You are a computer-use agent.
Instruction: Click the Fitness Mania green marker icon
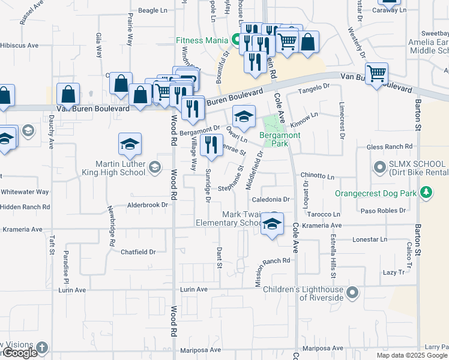click(x=236, y=41)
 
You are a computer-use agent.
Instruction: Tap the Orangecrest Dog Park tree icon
click(x=426, y=193)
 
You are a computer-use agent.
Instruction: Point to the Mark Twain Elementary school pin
click(x=273, y=224)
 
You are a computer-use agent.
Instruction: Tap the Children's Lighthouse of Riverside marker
click(x=352, y=293)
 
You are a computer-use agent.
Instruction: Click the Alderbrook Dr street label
click(x=146, y=205)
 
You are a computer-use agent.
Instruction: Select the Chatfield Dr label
click(x=138, y=252)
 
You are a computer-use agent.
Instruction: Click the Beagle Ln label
click(x=152, y=10)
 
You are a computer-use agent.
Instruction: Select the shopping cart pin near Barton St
click(x=377, y=74)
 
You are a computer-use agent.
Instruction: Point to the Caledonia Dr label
click(x=271, y=199)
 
